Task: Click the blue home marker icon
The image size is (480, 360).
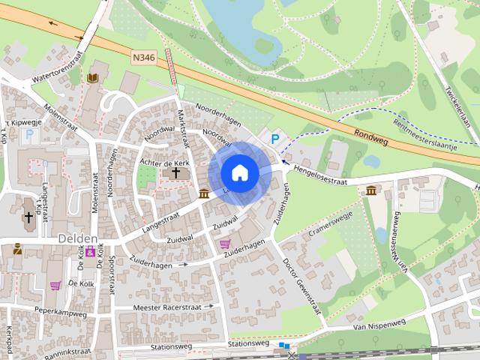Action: pos(239,173)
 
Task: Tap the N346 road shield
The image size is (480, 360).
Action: pos(145,58)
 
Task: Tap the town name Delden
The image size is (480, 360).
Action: pos(77,238)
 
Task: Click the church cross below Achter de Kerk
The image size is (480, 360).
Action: pos(175,173)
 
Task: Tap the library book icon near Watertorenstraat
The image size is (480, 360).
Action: pos(93,78)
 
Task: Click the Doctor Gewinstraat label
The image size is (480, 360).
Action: pos(302,286)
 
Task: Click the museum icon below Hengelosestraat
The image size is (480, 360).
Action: pos(370,190)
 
